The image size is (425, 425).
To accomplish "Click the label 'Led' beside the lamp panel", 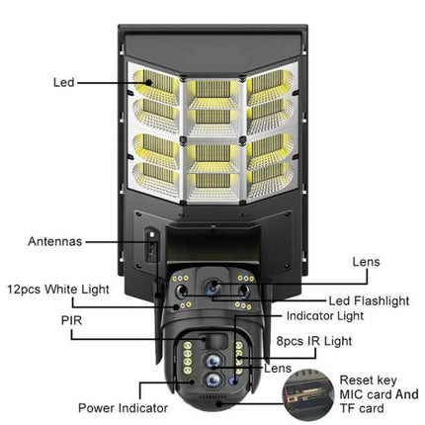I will pyautogui.click(x=62, y=83).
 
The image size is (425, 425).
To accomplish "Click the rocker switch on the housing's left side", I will pyautogui.click(x=150, y=248).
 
